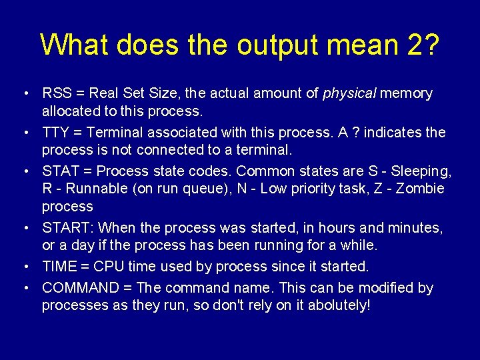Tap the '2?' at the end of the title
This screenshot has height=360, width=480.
[421, 45]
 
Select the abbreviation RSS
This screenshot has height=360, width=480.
[55, 93]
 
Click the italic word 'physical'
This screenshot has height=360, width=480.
[349, 93]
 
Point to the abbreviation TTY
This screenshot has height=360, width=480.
[55, 133]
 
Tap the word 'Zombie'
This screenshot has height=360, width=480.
[420, 189]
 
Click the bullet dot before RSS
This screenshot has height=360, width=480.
[24, 93]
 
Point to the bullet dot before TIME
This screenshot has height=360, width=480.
[24, 267]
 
